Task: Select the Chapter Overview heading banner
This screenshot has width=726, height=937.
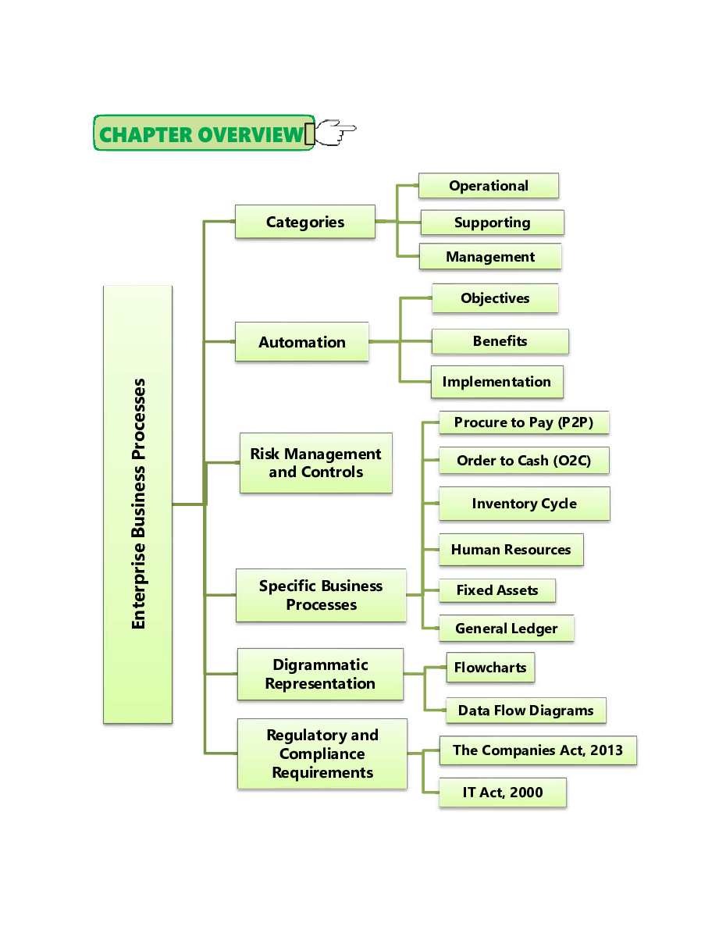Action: coord(203,134)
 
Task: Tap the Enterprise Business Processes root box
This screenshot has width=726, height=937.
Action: coord(137,504)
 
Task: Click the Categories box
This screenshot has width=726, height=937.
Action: coord(305,222)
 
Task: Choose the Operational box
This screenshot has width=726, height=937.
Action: coord(489,186)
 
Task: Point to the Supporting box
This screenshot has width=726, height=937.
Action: coord(492,223)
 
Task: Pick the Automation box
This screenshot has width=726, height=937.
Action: coord(302,342)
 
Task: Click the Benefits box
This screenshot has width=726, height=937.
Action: coord(500,341)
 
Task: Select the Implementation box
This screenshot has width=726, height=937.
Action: coord(496,382)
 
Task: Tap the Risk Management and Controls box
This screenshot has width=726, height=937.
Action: coord(315,463)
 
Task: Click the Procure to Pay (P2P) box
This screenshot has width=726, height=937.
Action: coord(524,422)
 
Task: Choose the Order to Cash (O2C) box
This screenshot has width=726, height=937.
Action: coord(524,461)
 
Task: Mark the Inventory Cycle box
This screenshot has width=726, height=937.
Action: coord(524,504)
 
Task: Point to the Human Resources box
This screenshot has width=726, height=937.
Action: coord(511,550)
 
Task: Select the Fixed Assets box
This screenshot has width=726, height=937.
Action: coord(497,590)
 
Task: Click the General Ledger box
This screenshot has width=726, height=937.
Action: coord(506,629)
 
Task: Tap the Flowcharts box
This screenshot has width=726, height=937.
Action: coord(490,668)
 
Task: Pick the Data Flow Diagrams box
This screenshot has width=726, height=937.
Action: coord(525,711)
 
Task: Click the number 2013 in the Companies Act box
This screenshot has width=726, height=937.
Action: coord(607,750)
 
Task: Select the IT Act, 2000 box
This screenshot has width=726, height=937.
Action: coord(503,793)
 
